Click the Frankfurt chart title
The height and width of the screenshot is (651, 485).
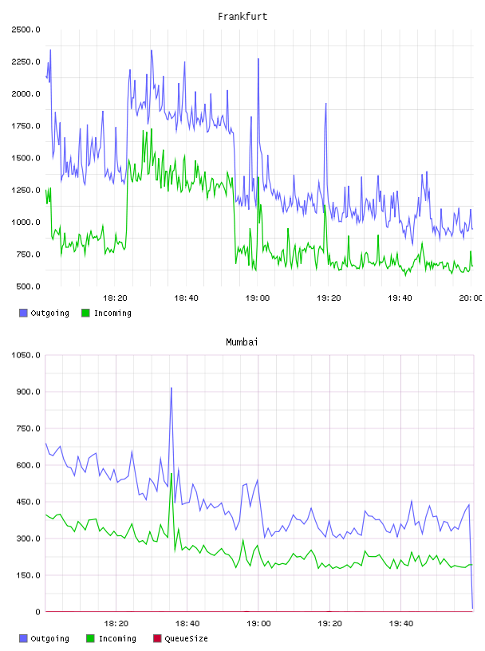pyautogui.click(x=242, y=17)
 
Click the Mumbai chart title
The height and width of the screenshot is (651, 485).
pyautogui.click(x=242, y=342)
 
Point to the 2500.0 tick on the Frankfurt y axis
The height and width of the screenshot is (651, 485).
pyautogui.click(x=26, y=30)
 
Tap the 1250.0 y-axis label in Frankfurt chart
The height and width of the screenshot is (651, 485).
pyautogui.click(x=26, y=190)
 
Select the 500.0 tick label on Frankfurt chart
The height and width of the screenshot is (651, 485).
pyautogui.click(x=28, y=286)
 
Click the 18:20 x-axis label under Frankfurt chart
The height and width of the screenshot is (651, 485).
pyautogui.click(x=115, y=298)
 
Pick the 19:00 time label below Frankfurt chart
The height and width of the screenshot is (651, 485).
pyautogui.click(x=258, y=298)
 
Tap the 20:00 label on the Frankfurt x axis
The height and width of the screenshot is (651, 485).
pyautogui.click(x=471, y=298)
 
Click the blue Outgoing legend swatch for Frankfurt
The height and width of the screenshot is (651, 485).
pyautogui.click(x=23, y=313)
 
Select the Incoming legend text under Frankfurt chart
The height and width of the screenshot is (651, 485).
pyautogui.click(x=112, y=314)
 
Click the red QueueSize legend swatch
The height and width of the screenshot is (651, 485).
pyautogui.click(x=157, y=638)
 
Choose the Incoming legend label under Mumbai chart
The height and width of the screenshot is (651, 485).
pyautogui.click(x=117, y=639)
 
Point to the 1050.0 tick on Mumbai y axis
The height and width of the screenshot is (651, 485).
pyautogui.click(x=26, y=355)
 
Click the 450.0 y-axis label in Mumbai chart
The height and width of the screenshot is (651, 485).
pyautogui.click(x=28, y=502)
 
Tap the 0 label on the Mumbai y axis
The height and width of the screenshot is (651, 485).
pyautogui.click(x=37, y=612)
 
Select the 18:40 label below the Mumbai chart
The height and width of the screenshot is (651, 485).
pyautogui.click(x=187, y=624)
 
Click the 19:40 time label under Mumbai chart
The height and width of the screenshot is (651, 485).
pyautogui.click(x=401, y=624)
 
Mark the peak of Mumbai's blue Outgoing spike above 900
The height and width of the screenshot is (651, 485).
pyautogui.click(x=171, y=389)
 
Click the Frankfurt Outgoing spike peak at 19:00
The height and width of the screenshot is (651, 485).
pyautogui.click(x=258, y=59)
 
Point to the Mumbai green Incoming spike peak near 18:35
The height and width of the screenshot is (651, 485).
pyautogui.click(x=171, y=474)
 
